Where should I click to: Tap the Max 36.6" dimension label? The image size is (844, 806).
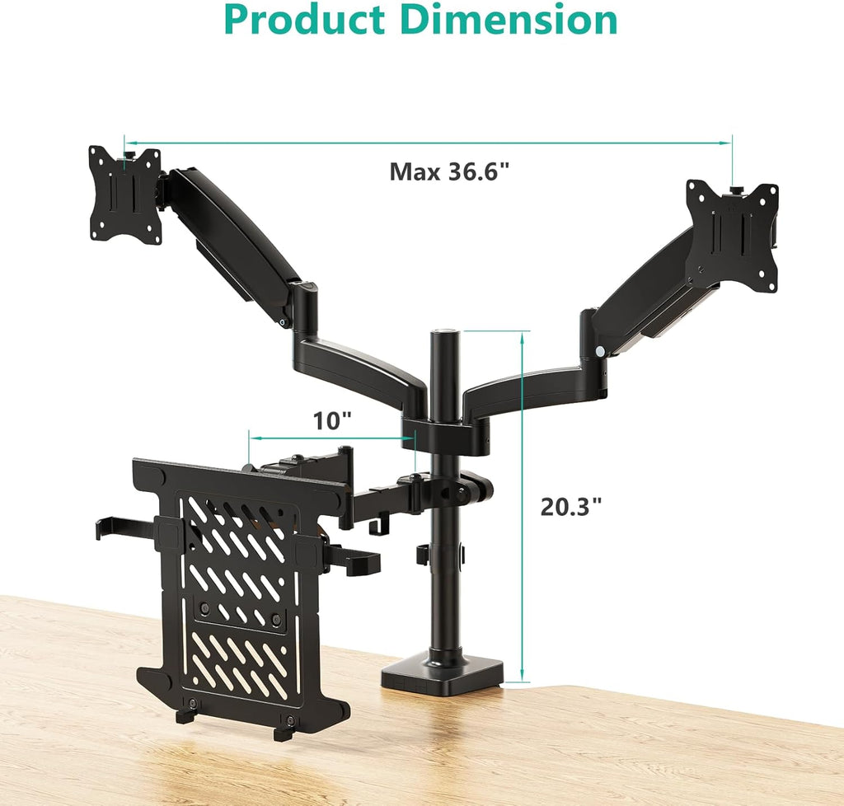[449, 172]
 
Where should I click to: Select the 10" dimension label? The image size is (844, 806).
[332, 420]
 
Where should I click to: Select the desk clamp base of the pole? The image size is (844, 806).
[441, 671]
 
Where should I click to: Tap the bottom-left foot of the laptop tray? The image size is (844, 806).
[185, 715]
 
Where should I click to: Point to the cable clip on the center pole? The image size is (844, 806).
[424, 555]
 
